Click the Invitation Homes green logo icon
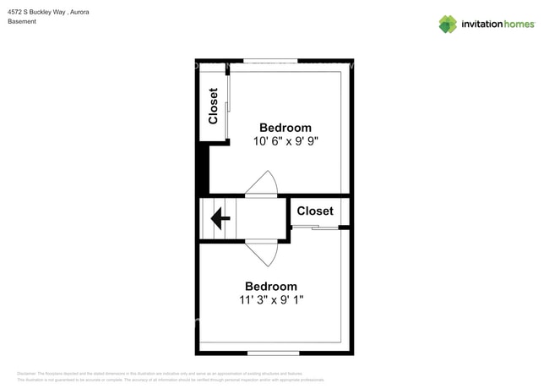(448, 24)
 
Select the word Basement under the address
(22, 22)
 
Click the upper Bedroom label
(285, 128)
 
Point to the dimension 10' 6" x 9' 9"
(285, 141)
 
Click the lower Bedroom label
(271, 287)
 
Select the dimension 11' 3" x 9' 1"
(272, 299)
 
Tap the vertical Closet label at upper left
(214, 106)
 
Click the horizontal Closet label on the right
(315, 211)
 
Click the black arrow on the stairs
(220, 219)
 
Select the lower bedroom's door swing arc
(262, 253)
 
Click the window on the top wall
(270, 61)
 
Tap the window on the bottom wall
(273, 352)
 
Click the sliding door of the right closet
(314, 227)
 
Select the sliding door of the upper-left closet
(228, 106)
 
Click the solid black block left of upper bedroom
(203, 169)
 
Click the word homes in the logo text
(519, 25)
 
